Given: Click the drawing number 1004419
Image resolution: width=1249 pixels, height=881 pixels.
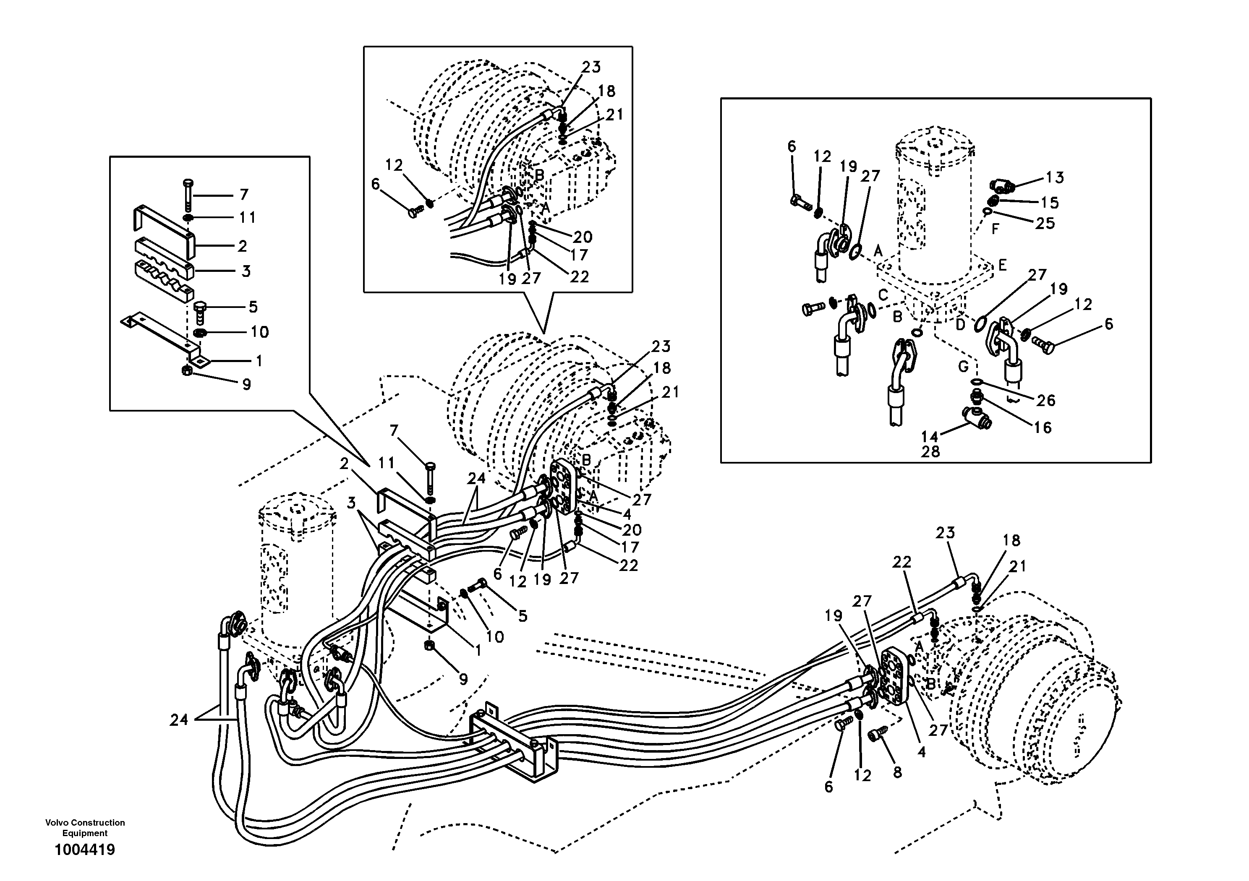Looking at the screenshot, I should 84,850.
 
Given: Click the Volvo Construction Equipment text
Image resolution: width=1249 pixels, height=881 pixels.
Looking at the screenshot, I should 85,827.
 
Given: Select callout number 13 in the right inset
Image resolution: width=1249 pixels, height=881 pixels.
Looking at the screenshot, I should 1054,177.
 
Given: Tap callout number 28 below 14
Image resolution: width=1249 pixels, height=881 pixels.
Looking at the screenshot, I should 930,451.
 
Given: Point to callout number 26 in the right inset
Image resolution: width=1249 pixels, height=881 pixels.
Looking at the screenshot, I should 1045,400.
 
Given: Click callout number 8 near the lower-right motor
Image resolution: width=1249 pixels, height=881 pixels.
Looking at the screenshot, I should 897,772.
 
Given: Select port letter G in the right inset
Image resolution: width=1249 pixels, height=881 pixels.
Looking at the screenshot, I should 964,367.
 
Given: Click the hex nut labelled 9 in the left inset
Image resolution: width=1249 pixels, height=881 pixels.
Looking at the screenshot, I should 187,371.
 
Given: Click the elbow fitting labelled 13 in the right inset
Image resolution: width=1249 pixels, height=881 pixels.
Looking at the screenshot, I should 1000,188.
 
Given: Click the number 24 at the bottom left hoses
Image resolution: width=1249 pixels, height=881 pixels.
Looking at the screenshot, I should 178,719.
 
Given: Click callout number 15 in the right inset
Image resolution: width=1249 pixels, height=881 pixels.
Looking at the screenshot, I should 1049,203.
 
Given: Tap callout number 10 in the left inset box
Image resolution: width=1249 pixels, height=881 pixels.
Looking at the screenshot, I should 259,332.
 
